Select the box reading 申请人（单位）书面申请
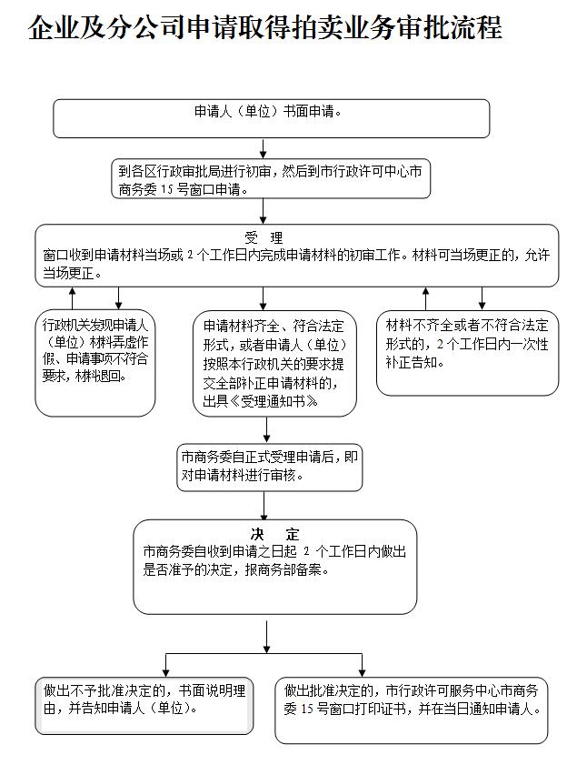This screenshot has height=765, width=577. pos(271,118)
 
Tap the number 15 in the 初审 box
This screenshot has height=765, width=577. pos(167,189)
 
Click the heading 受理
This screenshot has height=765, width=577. pos(264,238)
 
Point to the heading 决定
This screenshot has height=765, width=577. pos(274,534)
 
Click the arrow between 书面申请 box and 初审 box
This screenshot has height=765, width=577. pos(264,148)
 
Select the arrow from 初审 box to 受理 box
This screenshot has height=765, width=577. pos(264,211)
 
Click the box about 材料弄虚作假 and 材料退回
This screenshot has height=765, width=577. pos(95,363)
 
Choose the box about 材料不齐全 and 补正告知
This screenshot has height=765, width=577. pos(467,353)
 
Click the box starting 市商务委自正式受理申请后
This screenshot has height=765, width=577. pos(270,467)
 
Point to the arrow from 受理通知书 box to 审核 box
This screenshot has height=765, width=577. pos(266,429)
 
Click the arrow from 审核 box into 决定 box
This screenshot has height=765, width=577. pos(264,506)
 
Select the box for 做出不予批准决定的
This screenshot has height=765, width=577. pos(144,706)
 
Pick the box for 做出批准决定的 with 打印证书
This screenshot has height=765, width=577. pos(412,710)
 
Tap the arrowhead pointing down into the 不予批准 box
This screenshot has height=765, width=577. pos(166,672)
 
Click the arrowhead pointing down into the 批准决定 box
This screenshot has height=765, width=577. pos(362,672)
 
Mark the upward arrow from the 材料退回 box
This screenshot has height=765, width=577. pos(73,298)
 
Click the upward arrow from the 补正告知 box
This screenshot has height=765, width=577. pos(426,298)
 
